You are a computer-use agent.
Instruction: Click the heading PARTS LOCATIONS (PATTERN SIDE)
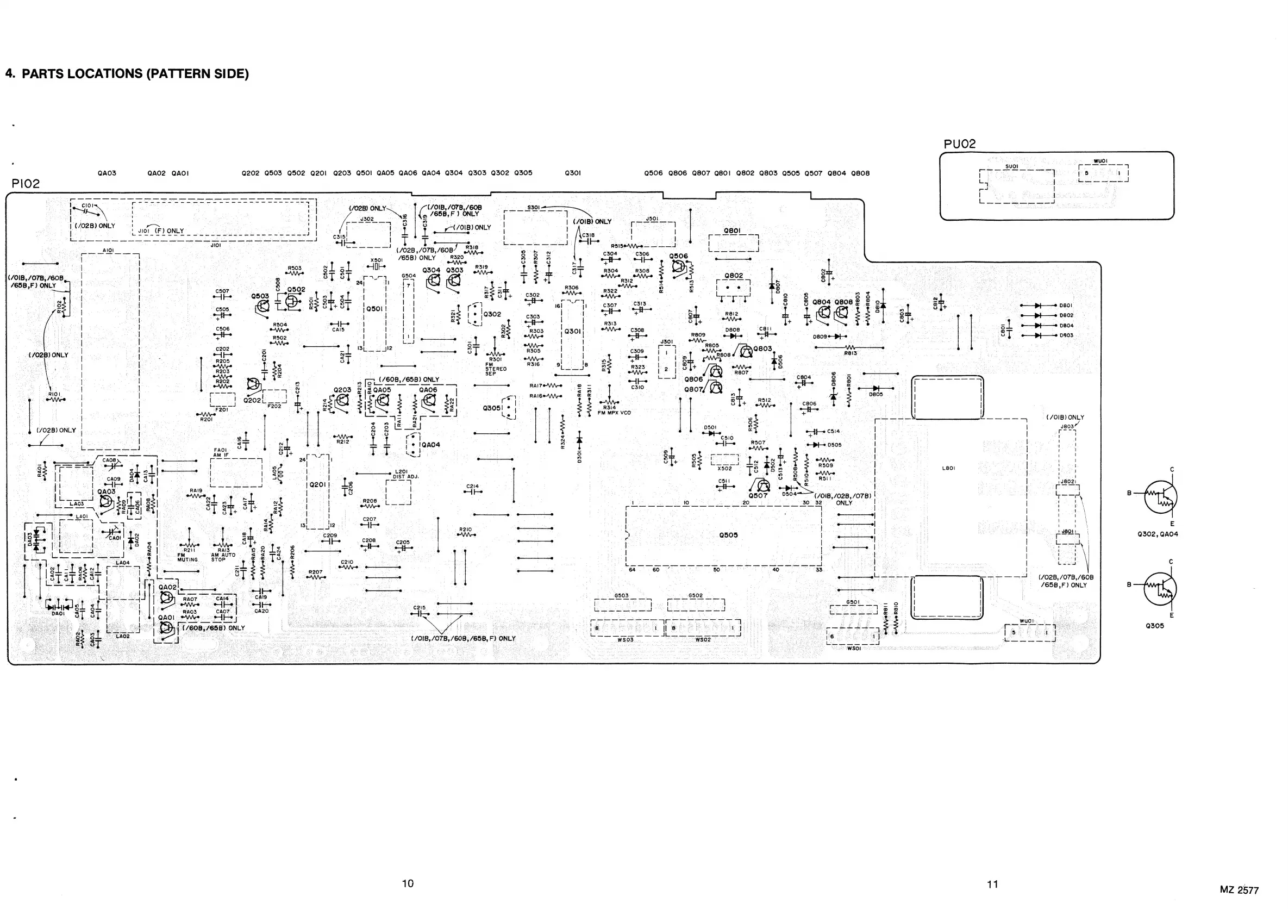click(x=127, y=73)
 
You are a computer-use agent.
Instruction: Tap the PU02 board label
click(x=960, y=144)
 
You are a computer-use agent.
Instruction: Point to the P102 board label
click(x=26, y=183)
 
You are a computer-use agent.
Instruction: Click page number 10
click(x=408, y=883)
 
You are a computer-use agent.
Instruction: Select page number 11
click(x=992, y=885)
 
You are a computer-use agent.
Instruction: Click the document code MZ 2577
click(x=1239, y=890)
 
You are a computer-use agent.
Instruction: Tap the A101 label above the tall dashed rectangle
click(x=109, y=250)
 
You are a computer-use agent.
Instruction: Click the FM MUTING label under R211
click(x=187, y=557)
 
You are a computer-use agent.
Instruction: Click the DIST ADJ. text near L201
click(x=405, y=476)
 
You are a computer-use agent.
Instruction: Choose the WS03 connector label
click(x=625, y=640)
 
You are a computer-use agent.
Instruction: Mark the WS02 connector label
click(x=703, y=640)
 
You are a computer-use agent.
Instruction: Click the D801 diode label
click(x=1066, y=306)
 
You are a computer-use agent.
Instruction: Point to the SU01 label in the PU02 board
click(x=1011, y=167)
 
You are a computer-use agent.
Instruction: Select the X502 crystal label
click(x=724, y=468)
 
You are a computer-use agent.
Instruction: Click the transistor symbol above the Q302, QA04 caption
click(x=1160, y=497)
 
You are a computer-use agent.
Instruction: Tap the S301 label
click(x=533, y=208)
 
